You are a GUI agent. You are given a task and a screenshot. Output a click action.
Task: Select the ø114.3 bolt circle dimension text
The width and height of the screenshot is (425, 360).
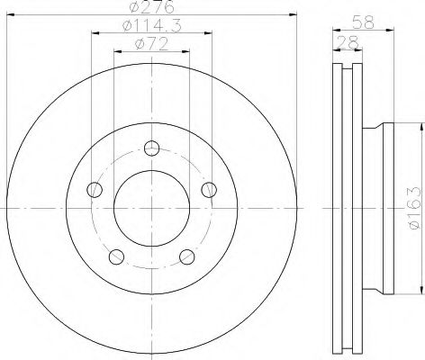[151, 28]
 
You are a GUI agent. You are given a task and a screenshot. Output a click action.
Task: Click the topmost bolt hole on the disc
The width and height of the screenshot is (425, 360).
[151, 148]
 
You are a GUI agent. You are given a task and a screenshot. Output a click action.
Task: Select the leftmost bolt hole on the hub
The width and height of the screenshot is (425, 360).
[94, 189]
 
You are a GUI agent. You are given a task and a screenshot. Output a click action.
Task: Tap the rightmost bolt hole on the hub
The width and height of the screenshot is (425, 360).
[209, 189]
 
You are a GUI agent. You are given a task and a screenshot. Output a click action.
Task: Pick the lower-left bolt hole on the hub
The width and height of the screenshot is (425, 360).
[116, 257]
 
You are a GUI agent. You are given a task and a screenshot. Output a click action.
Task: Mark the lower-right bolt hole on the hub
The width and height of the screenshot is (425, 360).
[186, 257]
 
